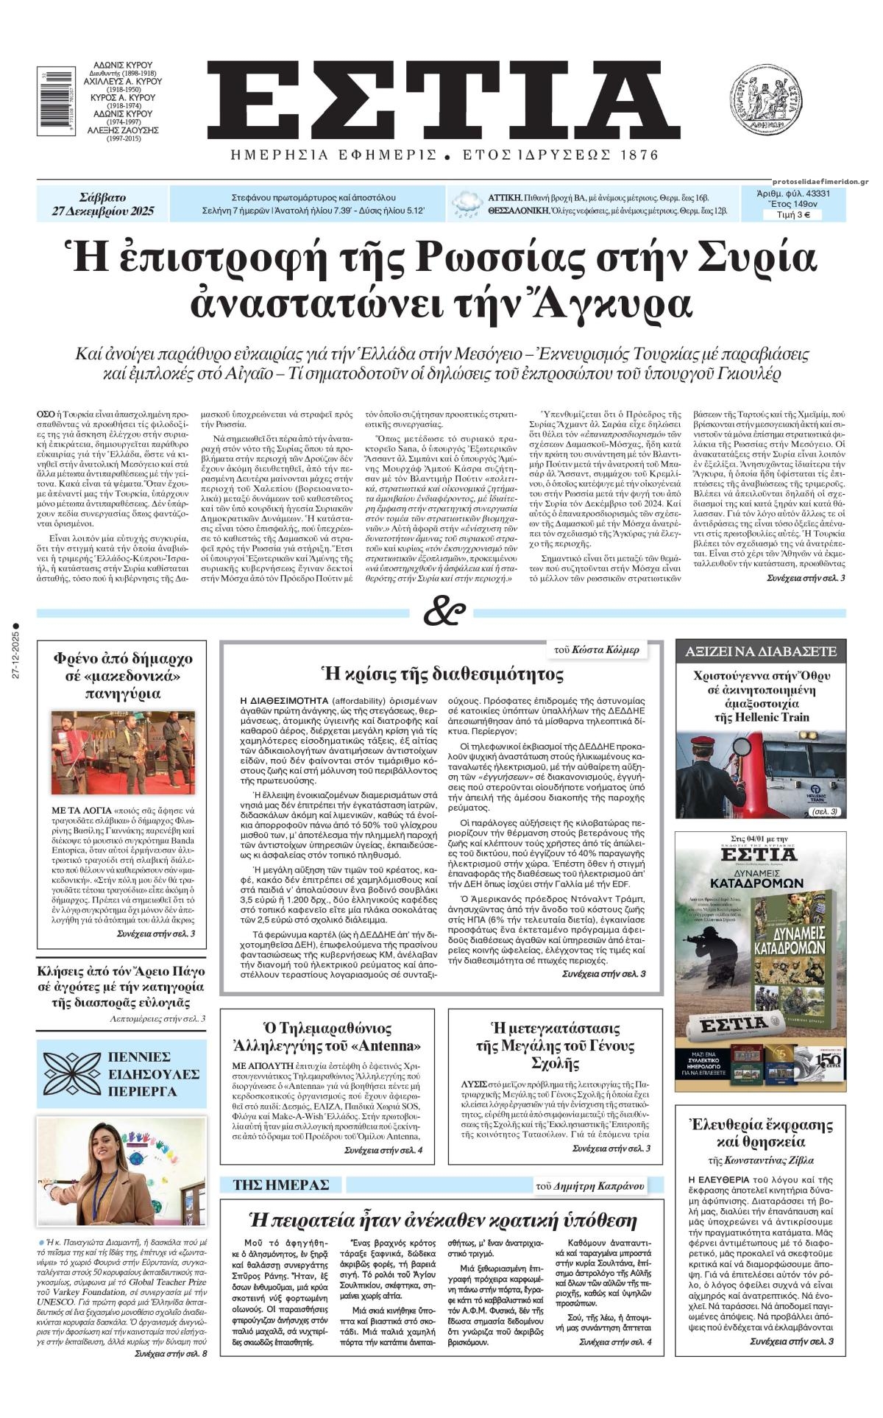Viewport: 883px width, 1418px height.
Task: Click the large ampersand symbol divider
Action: coord(444,613)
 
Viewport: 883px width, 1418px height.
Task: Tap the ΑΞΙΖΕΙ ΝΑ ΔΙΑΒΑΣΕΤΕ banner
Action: coord(761,651)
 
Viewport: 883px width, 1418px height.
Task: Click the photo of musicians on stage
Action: coord(122,752)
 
